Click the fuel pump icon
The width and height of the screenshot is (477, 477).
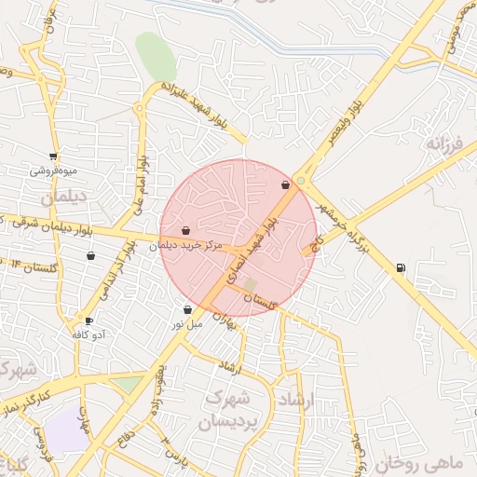coord(401,268)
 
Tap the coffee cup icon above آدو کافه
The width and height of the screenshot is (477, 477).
coord(89,320)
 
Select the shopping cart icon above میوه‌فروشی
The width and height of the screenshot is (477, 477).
coord(53,157)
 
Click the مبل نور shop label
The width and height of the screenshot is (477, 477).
coord(185,324)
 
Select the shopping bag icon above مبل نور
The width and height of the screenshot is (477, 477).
coord(188,310)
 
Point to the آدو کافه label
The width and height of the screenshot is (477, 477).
coord(89,334)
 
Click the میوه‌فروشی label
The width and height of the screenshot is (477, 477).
coord(54,170)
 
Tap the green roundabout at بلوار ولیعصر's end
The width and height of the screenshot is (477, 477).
coord(300,181)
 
